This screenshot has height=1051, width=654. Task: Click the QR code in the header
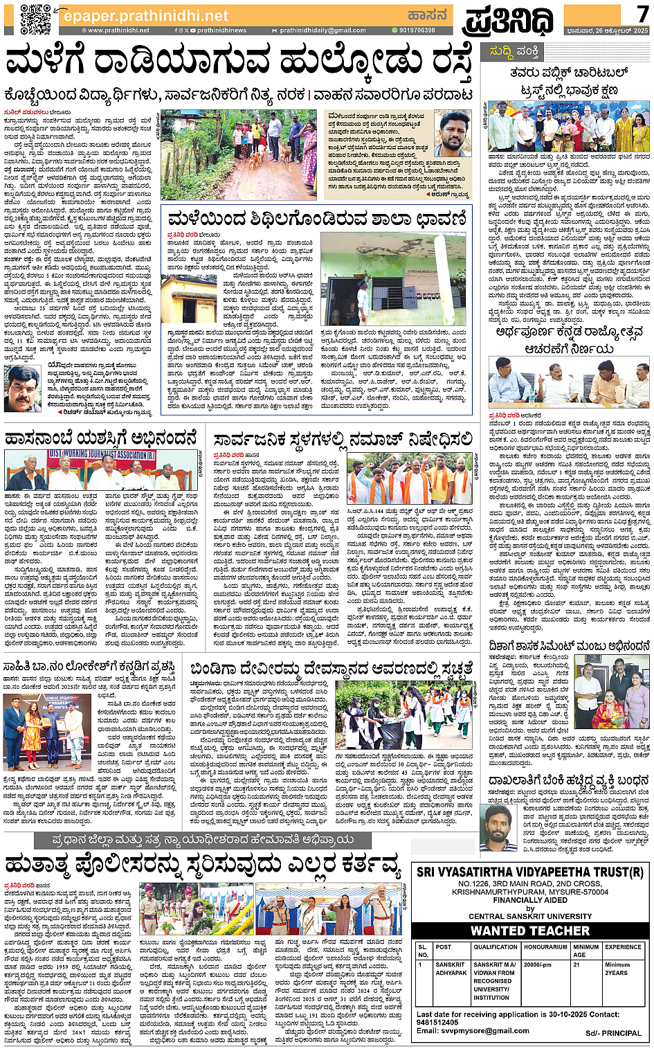click(x=35, y=19)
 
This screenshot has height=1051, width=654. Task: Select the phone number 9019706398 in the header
click(x=416, y=30)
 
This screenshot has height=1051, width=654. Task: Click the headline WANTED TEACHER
click(x=530, y=931)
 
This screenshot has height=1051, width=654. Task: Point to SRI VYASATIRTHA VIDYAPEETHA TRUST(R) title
click(x=530, y=872)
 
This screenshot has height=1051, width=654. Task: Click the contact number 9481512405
click(x=437, y=1022)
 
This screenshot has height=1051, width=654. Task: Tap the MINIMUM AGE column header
click(x=585, y=951)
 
